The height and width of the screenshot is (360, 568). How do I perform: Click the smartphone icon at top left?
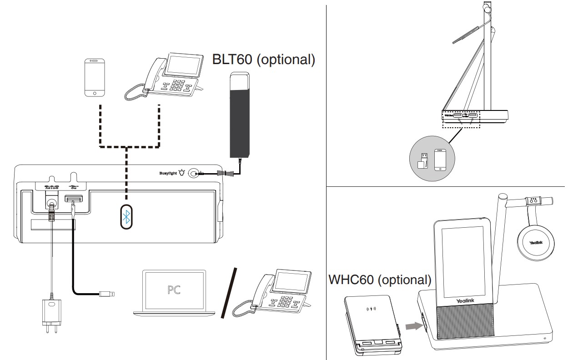pos(94,78)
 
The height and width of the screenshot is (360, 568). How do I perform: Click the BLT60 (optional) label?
pos(264,60)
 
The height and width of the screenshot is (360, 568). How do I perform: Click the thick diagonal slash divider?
pos(229,292)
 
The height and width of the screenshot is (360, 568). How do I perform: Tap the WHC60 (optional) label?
pos(379,280)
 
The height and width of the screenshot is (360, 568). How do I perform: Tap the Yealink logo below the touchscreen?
pos(463,301)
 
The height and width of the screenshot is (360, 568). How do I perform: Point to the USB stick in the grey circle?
pos(423,161)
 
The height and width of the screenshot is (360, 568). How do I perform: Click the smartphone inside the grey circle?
pos(440,160)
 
